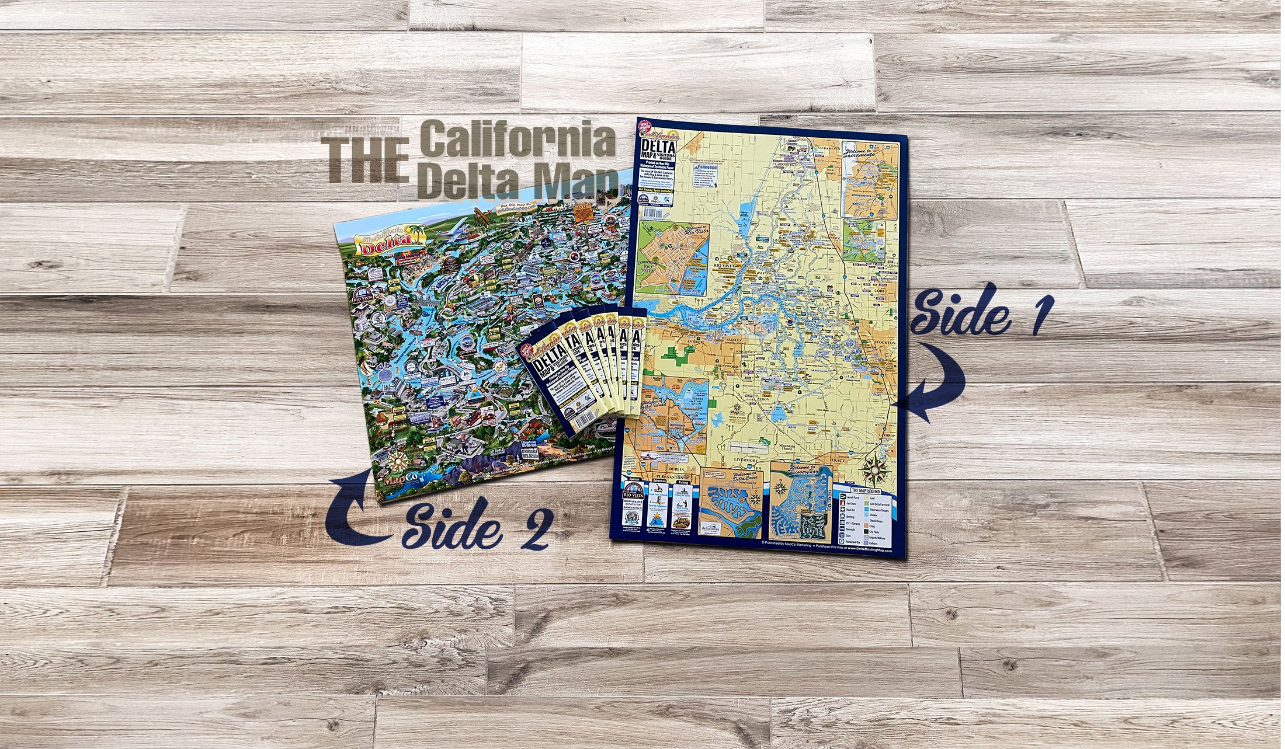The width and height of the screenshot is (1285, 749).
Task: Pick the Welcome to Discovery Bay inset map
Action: [800, 502]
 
